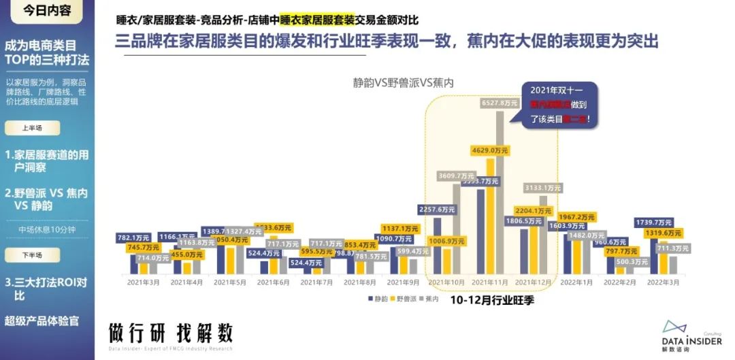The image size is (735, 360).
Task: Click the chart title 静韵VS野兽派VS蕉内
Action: [402, 82]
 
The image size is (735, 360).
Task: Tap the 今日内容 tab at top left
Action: [47, 11]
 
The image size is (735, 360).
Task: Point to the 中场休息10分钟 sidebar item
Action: [47, 229]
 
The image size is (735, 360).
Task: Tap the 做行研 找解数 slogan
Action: [171, 332]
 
